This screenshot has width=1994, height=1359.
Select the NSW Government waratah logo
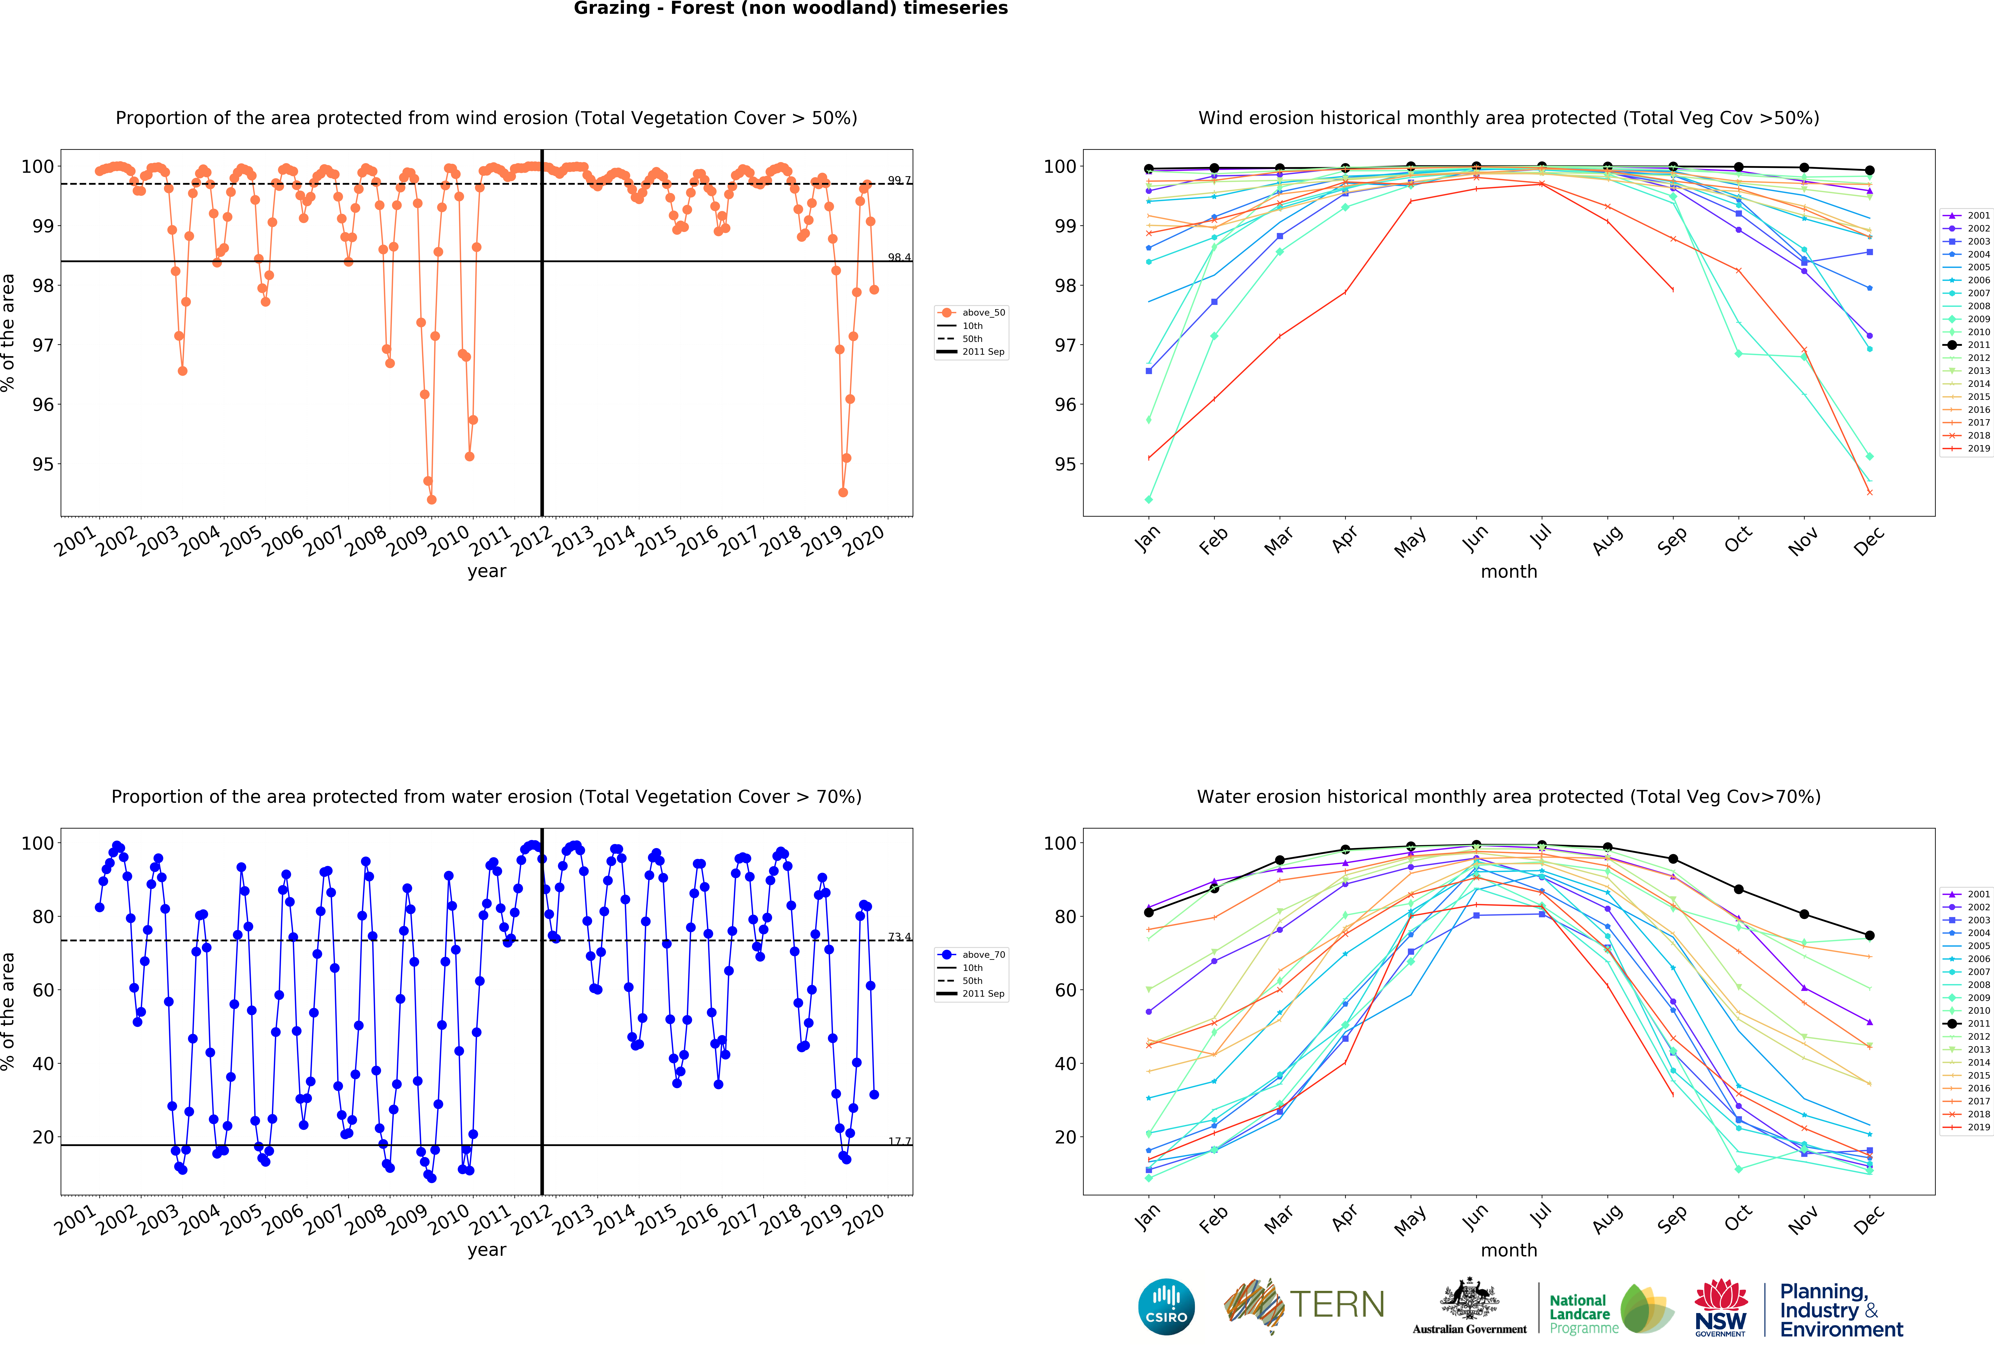click(x=1720, y=1307)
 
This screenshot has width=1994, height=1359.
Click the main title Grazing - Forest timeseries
click(x=790, y=9)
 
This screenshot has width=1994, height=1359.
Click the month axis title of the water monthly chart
click(x=1508, y=1250)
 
